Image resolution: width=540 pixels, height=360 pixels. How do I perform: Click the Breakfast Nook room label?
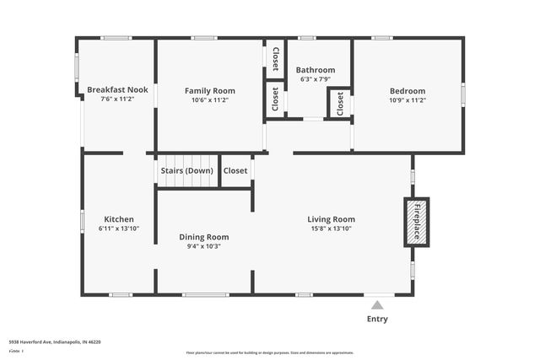pyautogui.click(x=117, y=89)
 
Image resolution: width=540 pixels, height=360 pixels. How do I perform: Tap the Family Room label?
pyautogui.click(x=210, y=90)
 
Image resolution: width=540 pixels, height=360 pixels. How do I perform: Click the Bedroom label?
pyautogui.click(x=408, y=91)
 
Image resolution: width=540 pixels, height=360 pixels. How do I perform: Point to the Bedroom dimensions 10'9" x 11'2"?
pyautogui.click(x=408, y=99)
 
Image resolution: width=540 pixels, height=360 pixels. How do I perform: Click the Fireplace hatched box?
pyautogui.click(x=416, y=222)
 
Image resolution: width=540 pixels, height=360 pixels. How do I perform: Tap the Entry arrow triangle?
pyautogui.click(x=378, y=305)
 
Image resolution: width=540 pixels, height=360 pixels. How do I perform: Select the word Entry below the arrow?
pyautogui.click(x=378, y=320)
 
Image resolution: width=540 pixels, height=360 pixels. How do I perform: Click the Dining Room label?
pyautogui.click(x=204, y=237)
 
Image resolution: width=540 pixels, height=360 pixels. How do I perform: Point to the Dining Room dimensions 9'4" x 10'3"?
pyautogui.click(x=204, y=246)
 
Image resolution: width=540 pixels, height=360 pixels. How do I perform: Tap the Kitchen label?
pyautogui.click(x=119, y=219)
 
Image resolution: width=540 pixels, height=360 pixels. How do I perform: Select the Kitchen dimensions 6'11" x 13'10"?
pyautogui.click(x=119, y=228)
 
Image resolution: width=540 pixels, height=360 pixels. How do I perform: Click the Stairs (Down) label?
pyautogui.click(x=186, y=170)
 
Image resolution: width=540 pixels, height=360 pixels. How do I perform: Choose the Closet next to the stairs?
pyautogui.click(x=235, y=170)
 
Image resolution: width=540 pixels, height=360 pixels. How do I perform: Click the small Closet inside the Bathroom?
pyautogui.click(x=340, y=104)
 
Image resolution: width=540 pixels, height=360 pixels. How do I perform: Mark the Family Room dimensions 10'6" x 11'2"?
pyautogui.click(x=210, y=99)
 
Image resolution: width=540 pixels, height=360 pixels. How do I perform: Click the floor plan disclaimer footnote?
pyautogui.click(x=270, y=352)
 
